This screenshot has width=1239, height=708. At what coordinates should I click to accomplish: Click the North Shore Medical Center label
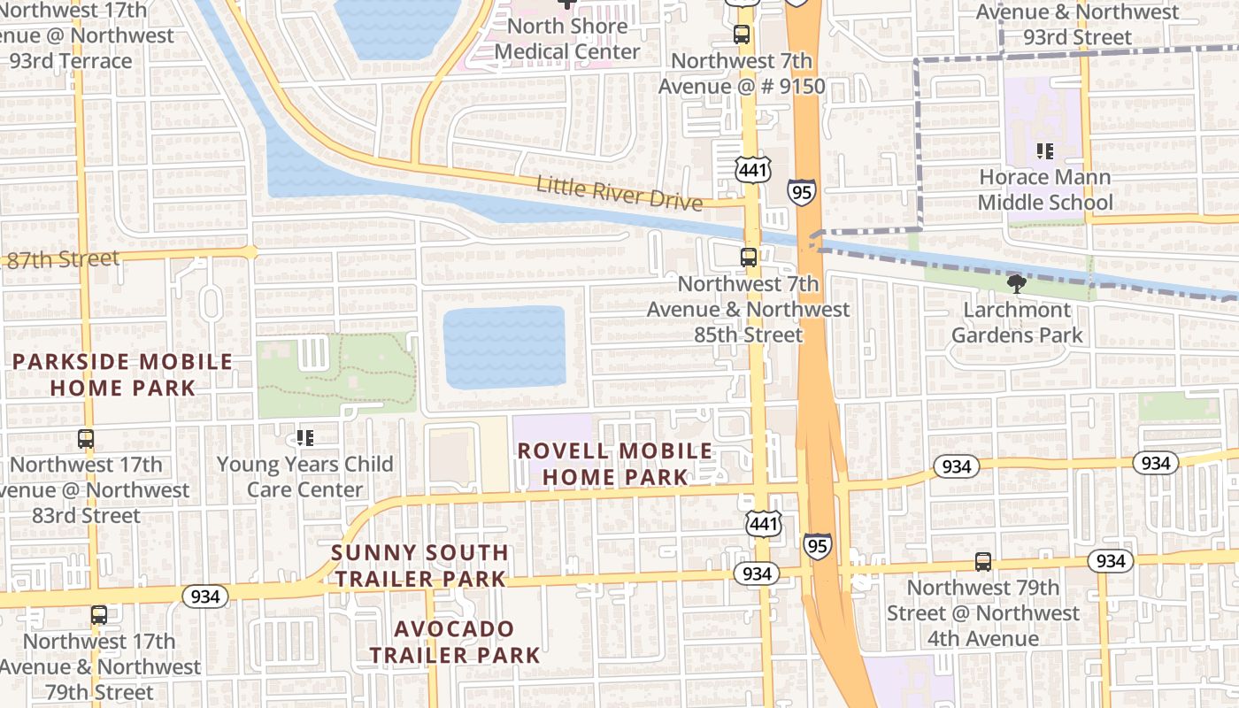[x=566, y=39]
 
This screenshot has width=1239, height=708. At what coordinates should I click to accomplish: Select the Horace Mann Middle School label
[x=1045, y=189]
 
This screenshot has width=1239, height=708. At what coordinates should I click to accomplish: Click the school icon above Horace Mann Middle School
[x=1045, y=151]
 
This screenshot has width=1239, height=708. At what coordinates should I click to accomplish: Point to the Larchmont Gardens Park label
[x=1017, y=322]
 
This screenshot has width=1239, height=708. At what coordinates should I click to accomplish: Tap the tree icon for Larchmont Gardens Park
[x=1016, y=283]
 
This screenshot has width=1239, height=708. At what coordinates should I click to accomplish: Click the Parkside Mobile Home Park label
[x=122, y=374]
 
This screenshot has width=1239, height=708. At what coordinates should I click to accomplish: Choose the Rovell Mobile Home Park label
[x=615, y=463]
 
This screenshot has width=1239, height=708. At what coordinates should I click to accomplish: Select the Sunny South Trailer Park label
[x=419, y=566]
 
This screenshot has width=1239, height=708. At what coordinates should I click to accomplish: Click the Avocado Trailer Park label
[x=454, y=642]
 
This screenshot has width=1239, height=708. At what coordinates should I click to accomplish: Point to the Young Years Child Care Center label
[x=305, y=476]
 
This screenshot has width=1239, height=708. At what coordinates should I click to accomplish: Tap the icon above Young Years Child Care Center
[x=305, y=437]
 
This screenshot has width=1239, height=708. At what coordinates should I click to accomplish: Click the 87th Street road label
[x=62, y=259]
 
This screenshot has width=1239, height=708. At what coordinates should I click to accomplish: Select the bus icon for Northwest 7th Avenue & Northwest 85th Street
[x=749, y=258]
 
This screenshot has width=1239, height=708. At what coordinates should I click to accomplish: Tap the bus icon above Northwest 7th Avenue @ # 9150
[x=742, y=35]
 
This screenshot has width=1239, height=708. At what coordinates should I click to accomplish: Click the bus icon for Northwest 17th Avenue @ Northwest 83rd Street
[x=86, y=438]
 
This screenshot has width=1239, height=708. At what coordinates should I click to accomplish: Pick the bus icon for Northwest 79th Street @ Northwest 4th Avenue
[x=983, y=561]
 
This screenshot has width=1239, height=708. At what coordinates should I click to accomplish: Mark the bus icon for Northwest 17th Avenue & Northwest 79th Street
[x=99, y=614]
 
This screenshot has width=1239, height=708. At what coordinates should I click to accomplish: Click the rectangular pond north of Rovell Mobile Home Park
[x=504, y=347]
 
